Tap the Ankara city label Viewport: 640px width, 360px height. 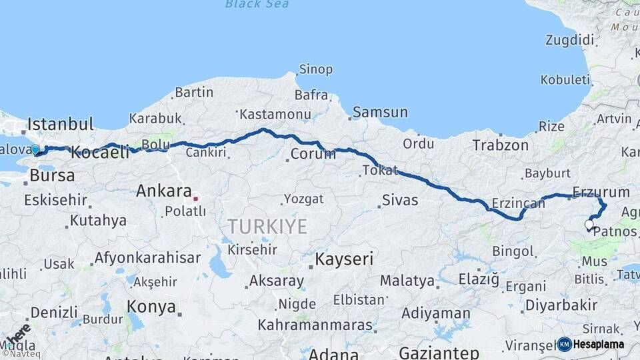point(164,191)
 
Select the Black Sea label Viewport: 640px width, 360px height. point(257,4)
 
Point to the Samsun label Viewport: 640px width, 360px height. point(380,112)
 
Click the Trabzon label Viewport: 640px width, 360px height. point(500,145)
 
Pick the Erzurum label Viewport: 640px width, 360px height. point(601,192)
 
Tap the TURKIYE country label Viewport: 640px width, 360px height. point(267,227)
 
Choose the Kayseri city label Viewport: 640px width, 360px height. point(344,259)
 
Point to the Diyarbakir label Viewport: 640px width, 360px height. point(561,305)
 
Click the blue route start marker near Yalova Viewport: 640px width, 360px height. point(35,150)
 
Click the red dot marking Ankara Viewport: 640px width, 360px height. point(195,198)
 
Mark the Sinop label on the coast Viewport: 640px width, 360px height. point(315,69)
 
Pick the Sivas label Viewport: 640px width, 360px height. point(400,200)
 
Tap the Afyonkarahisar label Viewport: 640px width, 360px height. point(147,258)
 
